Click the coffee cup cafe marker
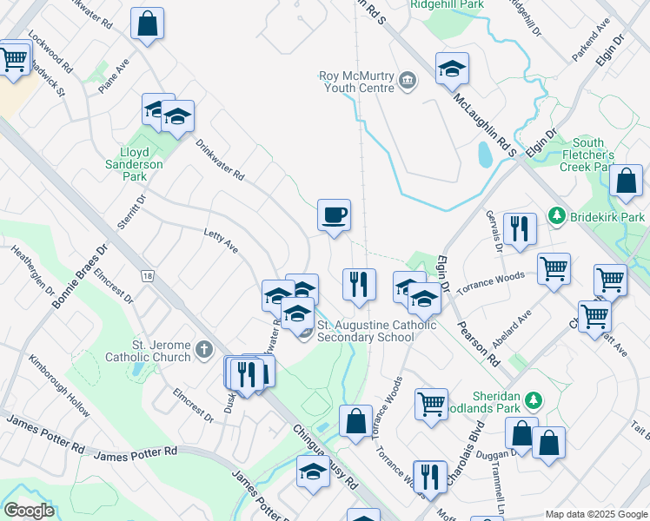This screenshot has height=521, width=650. click(334, 214)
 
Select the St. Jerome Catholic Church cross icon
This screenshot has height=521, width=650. click(204, 350)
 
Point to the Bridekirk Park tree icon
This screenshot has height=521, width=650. click(556, 214)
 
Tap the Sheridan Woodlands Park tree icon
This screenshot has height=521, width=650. click(535, 399)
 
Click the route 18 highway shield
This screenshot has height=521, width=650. click(149, 276)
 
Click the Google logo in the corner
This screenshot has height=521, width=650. click(29, 511)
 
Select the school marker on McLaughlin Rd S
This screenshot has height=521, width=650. click(452, 69)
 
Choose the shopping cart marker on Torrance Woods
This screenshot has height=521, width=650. click(554, 267)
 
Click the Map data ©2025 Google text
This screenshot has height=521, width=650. click(596, 513)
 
